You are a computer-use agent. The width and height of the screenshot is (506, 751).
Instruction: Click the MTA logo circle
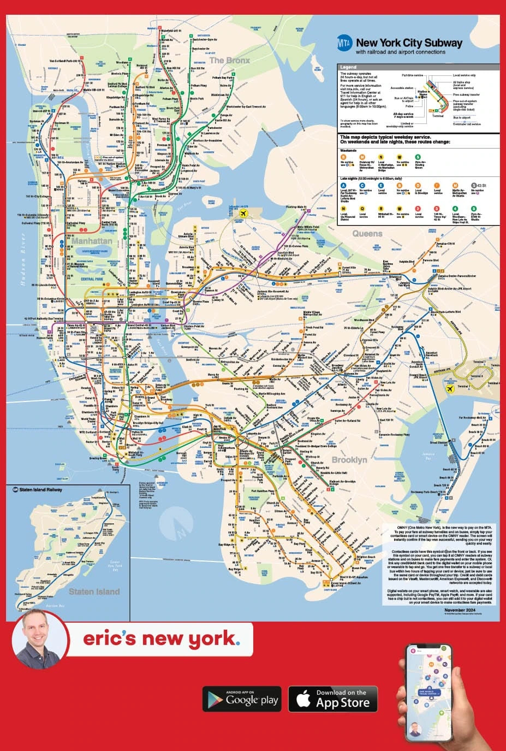[344, 43]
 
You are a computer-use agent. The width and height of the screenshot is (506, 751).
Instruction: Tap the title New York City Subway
[409, 43]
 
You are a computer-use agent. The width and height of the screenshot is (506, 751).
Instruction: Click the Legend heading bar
[418, 67]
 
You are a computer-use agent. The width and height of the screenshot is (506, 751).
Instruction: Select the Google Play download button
[241, 699]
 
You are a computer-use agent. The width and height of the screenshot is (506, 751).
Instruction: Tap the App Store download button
[335, 699]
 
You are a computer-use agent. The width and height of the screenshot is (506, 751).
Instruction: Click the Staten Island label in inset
[94, 592]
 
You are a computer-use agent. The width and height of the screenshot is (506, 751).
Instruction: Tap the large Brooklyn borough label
[349, 460]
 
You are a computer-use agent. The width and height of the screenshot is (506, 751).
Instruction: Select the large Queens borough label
[367, 234]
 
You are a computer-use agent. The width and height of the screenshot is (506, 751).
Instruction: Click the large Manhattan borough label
[92, 241]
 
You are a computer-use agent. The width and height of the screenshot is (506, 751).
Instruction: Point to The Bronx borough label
[230, 61]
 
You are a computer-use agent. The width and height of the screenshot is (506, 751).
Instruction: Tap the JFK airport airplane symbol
[450, 388]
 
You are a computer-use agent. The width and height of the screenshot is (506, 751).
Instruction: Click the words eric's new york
[161, 638]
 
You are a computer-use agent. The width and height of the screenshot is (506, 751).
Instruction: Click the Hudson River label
[23, 260]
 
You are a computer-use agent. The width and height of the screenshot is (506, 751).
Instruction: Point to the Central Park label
[92, 279]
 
